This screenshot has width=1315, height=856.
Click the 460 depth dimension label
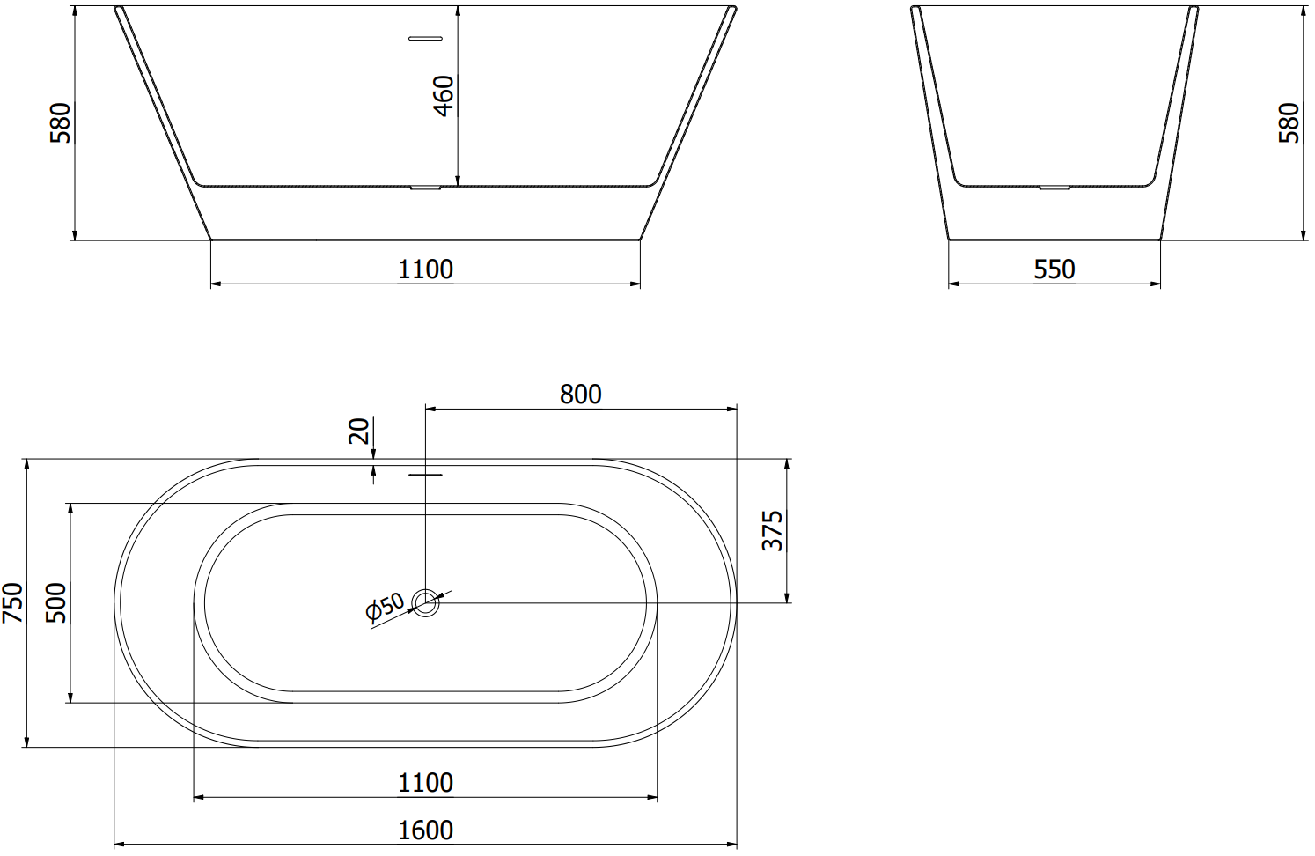(444, 96)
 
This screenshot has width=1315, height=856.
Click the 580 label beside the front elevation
(61, 122)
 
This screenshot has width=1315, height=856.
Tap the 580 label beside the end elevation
(1289, 122)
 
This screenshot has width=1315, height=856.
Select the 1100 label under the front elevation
(426, 269)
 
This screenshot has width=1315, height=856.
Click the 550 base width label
(1054, 269)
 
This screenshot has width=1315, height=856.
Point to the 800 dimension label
(581, 395)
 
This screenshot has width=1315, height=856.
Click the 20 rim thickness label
(359, 431)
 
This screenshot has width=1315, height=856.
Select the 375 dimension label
(772, 530)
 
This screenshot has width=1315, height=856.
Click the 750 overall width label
(12, 602)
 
